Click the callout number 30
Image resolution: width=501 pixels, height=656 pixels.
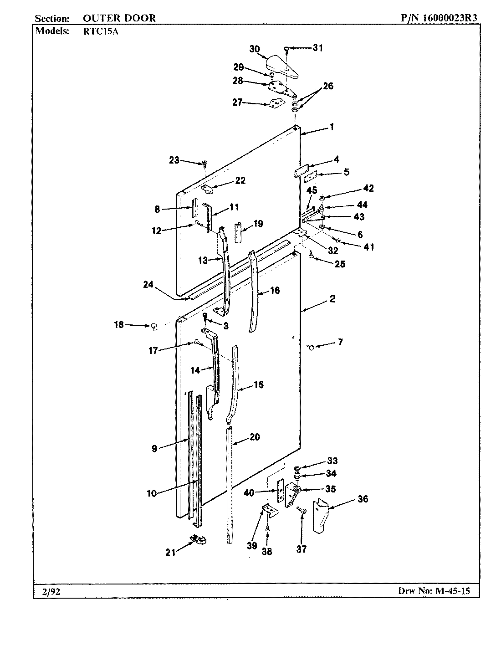click(255, 49)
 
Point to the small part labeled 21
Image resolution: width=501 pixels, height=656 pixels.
click(198, 539)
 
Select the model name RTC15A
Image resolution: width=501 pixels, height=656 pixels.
click(96, 31)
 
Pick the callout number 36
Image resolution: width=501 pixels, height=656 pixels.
click(363, 499)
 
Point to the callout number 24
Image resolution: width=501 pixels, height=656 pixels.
click(148, 285)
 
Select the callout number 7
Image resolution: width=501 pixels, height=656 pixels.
click(340, 342)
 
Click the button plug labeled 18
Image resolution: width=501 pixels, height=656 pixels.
click(153, 325)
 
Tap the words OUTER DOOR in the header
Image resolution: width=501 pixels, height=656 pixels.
click(119, 18)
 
